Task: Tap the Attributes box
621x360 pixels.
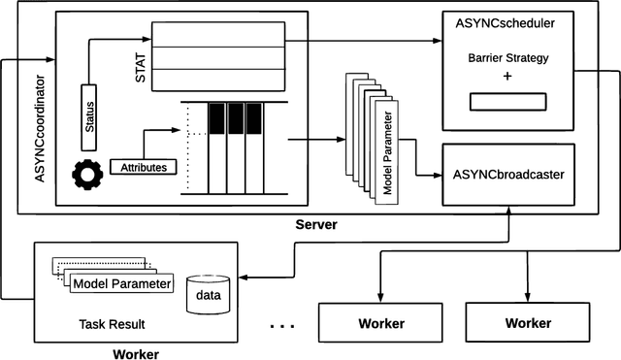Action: pyautogui.click(x=143, y=168)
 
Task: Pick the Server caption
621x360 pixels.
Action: pyautogui.click(x=316, y=225)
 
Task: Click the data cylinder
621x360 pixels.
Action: pyautogui.click(x=209, y=293)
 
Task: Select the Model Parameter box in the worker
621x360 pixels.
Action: pyautogui.click(x=122, y=283)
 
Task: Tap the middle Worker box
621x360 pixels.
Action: pyautogui.click(x=380, y=322)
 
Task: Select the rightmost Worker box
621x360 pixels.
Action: pyautogui.click(x=526, y=321)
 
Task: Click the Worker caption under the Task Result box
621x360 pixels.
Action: pyautogui.click(x=137, y=353)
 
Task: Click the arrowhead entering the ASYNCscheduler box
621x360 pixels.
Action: pyautogui.click(x=438, y=41)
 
